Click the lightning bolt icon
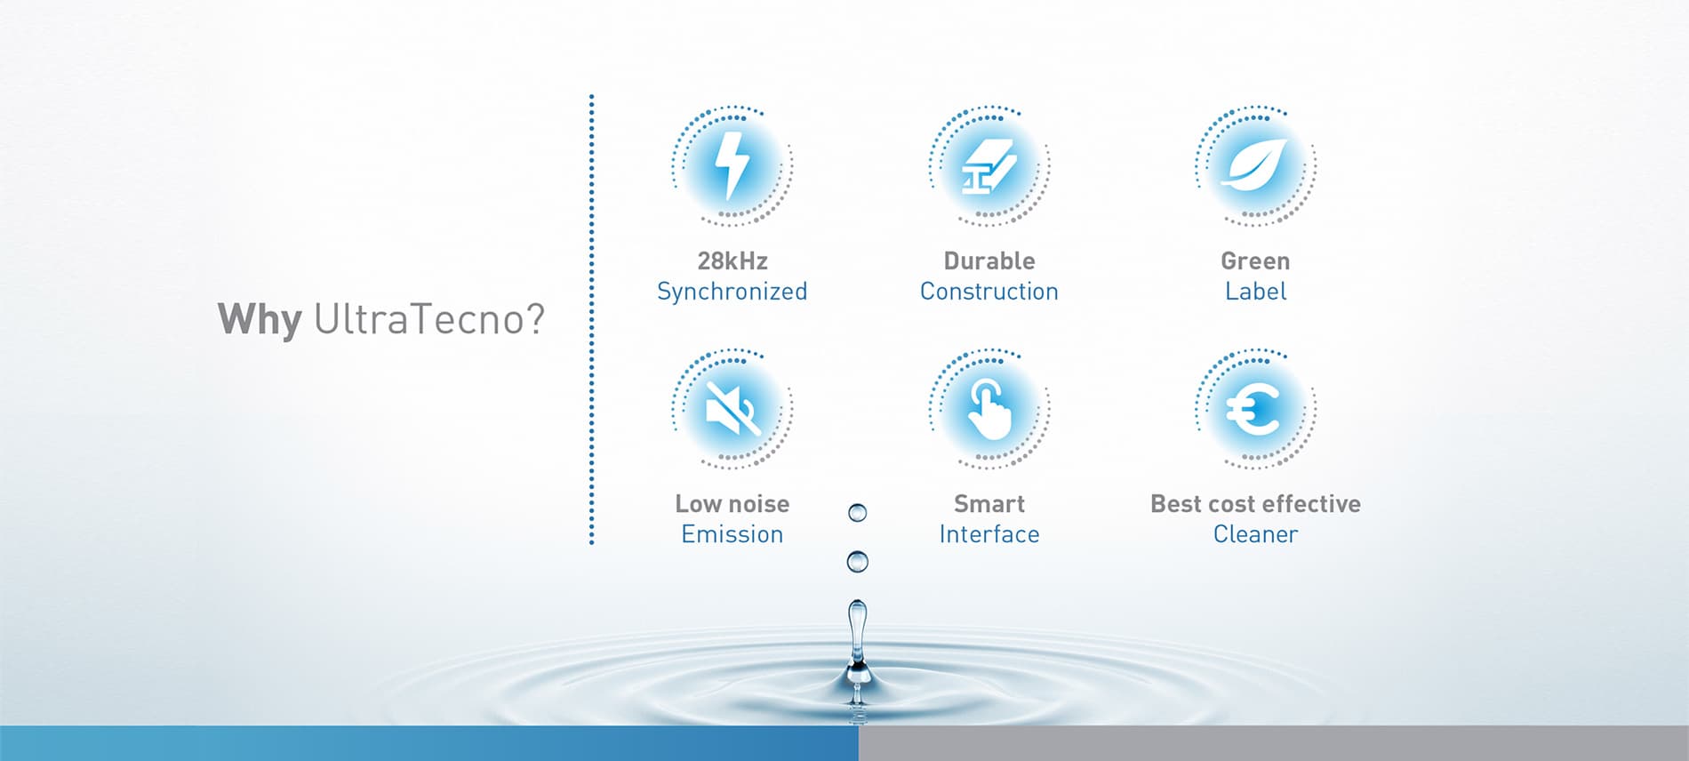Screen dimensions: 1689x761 coord(732,165)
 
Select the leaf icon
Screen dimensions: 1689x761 coord(1254,165)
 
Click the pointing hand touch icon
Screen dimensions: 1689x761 coord(989,409)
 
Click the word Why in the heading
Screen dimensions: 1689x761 coord(260,320)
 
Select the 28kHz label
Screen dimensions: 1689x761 coord(732,260)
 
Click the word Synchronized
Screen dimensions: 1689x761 coord(732,292)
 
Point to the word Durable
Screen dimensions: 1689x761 coord(989,260)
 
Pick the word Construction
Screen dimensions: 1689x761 coord(989,292)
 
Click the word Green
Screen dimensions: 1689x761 coord(1255,260)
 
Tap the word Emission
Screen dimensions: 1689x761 coord(732,534)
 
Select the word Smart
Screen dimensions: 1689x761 coord(989,504)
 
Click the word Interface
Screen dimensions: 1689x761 coord(989,534)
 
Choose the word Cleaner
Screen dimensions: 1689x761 coord(1255,534)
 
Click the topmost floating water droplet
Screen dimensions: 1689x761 coord(858,513)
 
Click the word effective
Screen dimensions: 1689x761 coord(1311,504)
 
